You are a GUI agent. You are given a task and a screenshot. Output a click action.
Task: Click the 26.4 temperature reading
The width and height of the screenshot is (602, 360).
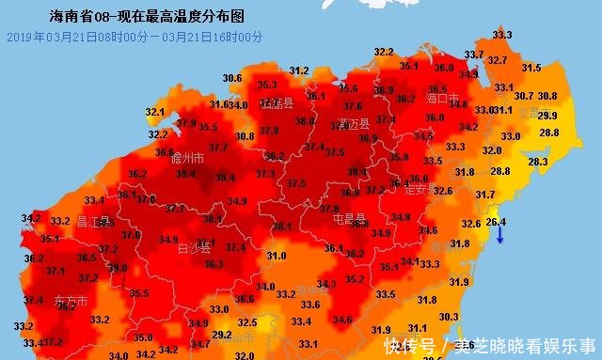tap(497, 221)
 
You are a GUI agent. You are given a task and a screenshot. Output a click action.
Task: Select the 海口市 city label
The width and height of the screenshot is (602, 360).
tap(442, 98)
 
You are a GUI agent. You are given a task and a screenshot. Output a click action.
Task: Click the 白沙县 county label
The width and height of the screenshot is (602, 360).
tap(195, 249)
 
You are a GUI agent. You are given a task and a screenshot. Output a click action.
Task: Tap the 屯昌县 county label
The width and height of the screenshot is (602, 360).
tap(349, 218)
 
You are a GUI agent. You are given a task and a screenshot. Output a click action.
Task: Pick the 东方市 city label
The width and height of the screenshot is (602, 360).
tap(71, 302)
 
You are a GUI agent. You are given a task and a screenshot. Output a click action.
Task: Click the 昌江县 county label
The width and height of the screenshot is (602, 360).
tap(93, 222)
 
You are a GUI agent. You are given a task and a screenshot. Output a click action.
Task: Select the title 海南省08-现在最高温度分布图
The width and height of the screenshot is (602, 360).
tap(145, 16)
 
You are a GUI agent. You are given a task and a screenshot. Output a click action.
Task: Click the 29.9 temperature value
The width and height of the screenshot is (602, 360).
tap(547, 115)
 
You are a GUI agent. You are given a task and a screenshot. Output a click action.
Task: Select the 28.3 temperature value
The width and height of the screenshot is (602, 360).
tap(537, 162)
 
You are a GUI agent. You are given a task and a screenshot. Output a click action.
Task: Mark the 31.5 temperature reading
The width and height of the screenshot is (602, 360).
tap(531, 68)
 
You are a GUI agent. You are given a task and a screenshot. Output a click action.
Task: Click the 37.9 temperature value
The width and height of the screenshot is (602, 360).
tap(185, 123)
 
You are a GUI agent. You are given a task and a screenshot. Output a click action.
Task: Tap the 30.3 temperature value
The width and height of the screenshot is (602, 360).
tap(449, 317)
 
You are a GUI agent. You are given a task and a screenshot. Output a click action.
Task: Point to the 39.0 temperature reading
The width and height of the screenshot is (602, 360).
tap(118, 267)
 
